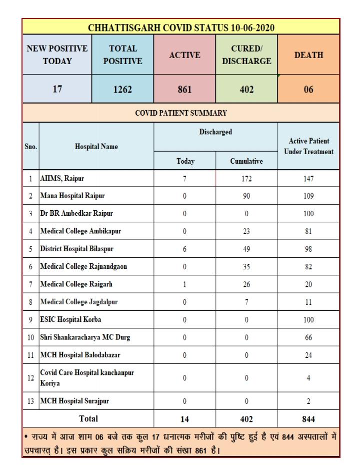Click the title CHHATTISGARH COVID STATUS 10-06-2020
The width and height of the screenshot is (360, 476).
[x=181, y=27]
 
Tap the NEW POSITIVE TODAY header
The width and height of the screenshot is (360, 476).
[x=57, y=56]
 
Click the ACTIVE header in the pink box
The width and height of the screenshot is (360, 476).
[x=184, y=56]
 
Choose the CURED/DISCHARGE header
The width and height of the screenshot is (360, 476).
[x=247, y=56]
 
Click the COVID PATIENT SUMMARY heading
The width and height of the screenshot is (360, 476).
[x=181, y=113]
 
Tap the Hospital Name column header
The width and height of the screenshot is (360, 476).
[x=96, y=147]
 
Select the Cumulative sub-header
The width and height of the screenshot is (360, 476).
[x=246, y=161]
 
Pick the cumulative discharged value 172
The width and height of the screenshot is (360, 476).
[x=246, y=178]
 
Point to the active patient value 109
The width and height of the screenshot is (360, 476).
[x=308, y=196]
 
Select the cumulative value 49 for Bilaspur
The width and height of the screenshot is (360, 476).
[x=246, y=249]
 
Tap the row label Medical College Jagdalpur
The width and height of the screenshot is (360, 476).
[x=78, y=302]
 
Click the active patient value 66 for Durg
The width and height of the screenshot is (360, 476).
[x=308, y=337]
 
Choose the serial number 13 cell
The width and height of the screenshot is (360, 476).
[x=30, y=401]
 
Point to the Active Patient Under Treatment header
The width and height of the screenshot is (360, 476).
[x=308, y=147]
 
